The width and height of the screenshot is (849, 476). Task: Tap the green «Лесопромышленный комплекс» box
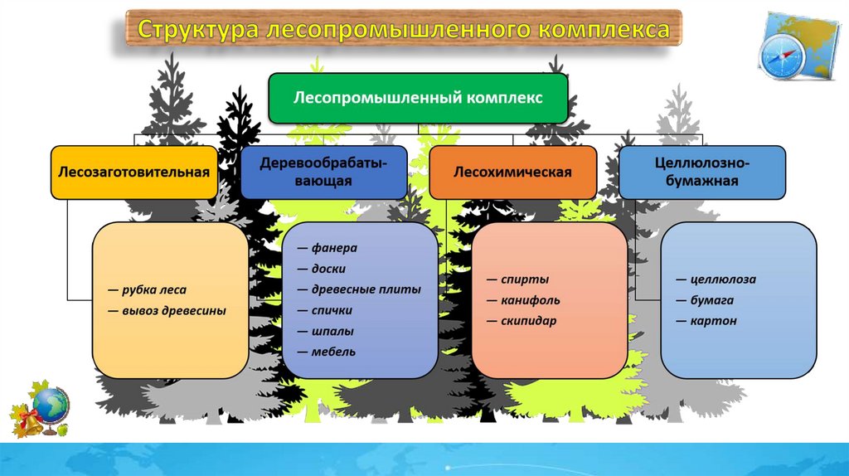point(419,98)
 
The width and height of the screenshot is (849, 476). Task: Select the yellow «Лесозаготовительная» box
point(133,172)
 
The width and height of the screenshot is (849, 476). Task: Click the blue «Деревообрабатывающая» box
point(324,172)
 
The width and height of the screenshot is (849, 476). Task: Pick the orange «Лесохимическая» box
point(513,172)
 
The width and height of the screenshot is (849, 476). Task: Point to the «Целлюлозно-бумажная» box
point(701,172)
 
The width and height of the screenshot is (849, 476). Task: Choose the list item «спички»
point(332,310)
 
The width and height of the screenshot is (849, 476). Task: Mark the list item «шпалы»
point(332,331)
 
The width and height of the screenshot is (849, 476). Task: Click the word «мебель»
point(334,352)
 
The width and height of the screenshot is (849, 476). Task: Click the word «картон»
point(714,321)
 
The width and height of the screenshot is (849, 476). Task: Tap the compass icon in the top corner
point(783,56)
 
